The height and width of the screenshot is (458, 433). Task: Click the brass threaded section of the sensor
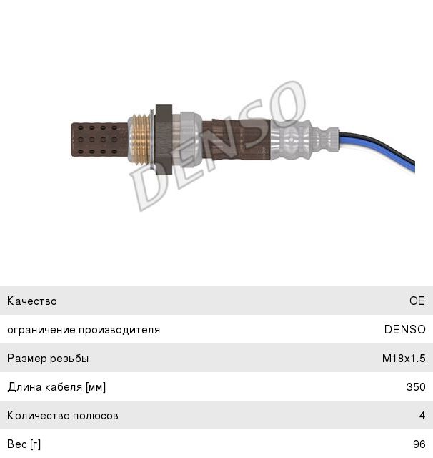139,140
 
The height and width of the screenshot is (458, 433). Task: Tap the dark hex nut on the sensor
164,140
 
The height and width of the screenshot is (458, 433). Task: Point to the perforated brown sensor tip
100,140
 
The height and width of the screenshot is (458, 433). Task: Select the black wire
379,145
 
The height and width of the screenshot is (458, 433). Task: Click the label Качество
32,301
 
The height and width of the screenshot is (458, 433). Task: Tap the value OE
417,301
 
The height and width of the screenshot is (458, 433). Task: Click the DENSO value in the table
404,329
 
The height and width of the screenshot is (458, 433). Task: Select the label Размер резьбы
48,359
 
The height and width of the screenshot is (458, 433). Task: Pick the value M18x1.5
404,358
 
